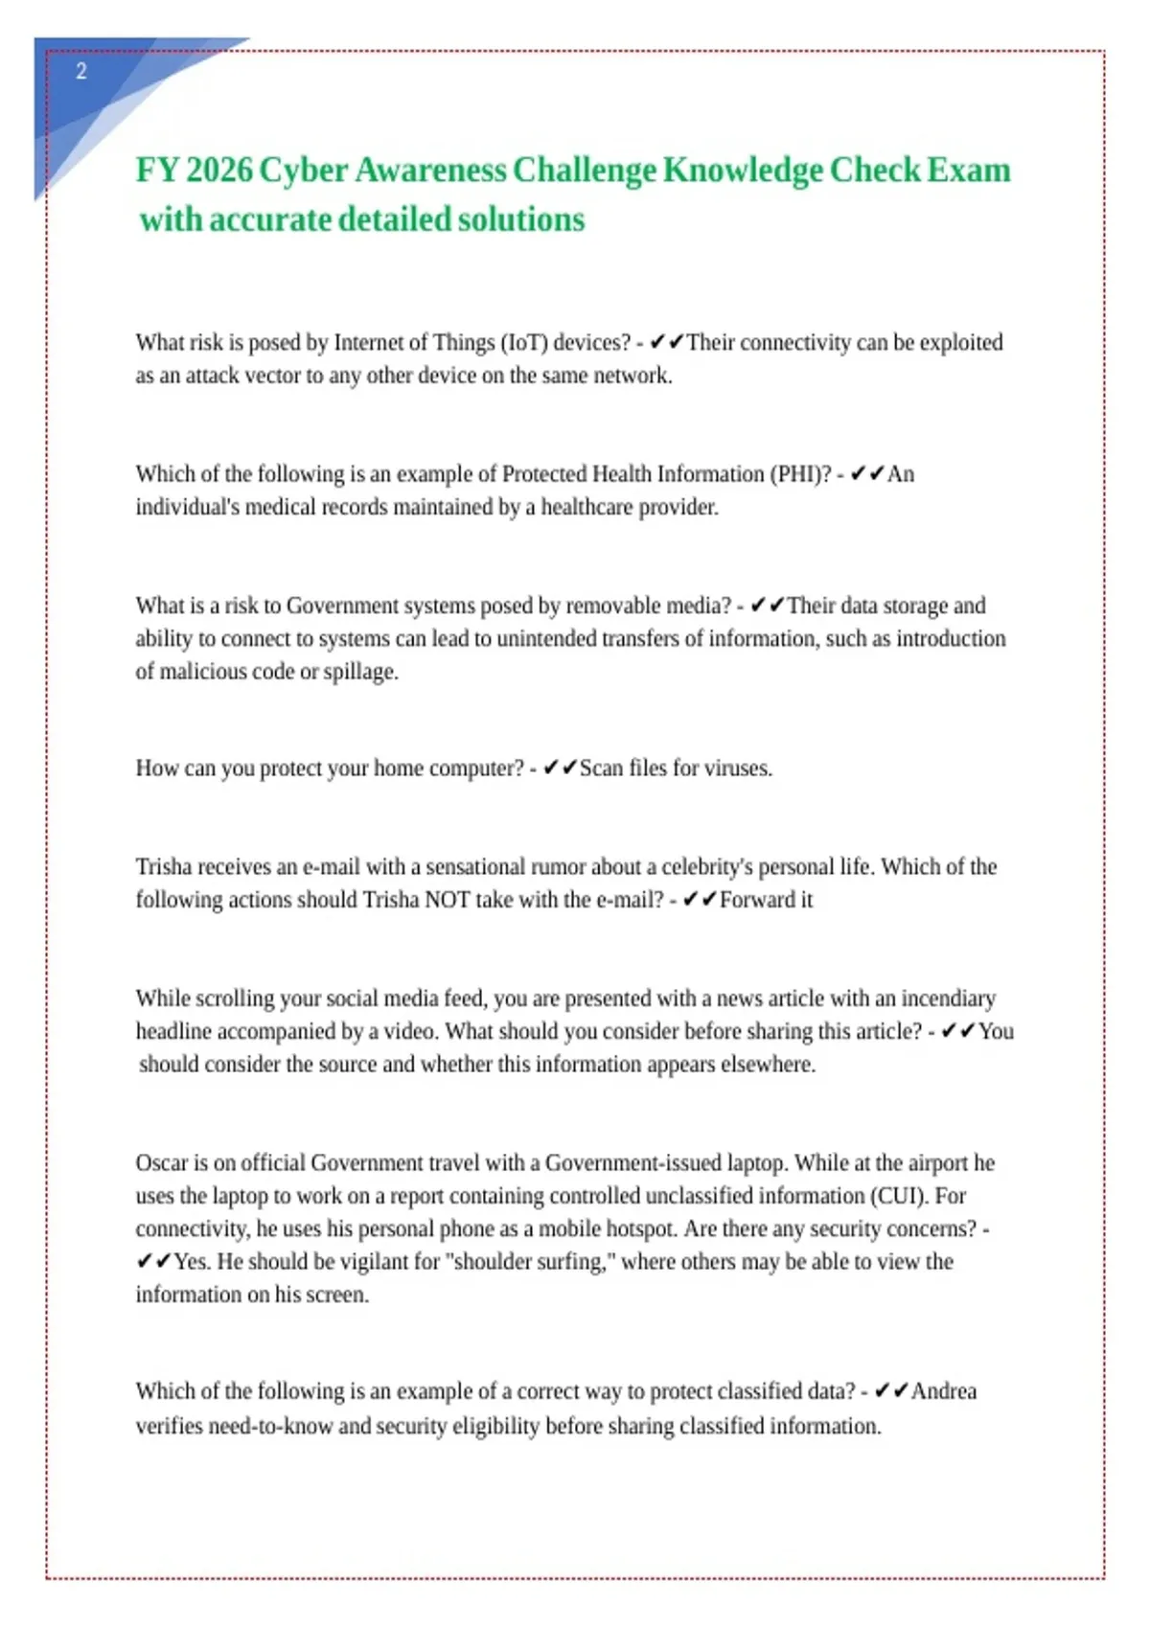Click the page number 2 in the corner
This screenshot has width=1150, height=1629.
(81, 72)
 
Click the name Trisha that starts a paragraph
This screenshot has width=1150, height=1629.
(164, 867)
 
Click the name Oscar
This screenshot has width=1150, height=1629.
(162, 1163)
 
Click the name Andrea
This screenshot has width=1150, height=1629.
(944, 1391)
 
